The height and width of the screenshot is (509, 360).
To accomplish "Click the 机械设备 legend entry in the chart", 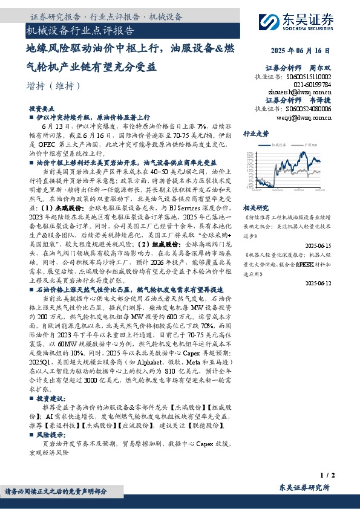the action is tap(278, 145).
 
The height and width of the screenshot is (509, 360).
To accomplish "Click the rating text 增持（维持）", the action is tap(54, 86).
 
